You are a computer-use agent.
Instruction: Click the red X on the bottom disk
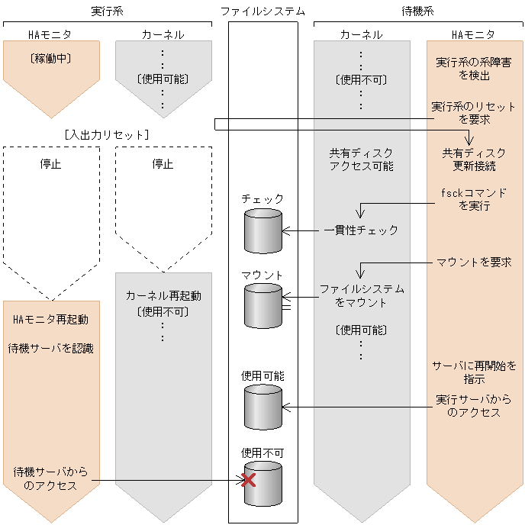tap(248, 480)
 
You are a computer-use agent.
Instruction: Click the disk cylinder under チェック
tap(262, 230)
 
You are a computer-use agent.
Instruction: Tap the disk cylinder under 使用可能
tap(262, 407)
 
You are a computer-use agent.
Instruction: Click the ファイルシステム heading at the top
tap(262, 11)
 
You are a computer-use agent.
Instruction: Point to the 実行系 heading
tap(107, 11)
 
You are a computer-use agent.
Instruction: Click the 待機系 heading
tap(418, 11)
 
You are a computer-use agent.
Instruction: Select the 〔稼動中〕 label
tap(51, 57)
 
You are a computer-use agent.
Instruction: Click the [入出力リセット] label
tap(107, 134)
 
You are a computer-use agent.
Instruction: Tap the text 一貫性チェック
tap(361, 230)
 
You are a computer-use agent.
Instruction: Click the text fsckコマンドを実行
tap(474, 199)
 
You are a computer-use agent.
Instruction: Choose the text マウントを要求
tap(474, 262)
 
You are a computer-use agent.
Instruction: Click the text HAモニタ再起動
tap(51, 320)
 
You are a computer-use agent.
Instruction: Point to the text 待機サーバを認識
tap(51, 349)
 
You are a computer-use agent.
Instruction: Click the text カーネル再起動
tap(163, 295)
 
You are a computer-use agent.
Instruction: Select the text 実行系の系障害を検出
tap(474, 69)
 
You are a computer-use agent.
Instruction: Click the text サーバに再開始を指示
tap(474, 372)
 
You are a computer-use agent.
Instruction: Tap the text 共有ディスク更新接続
tap(474, 159)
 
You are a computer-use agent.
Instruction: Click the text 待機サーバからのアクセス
tap(51, 479)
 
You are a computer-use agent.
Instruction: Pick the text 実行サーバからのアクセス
tap(474, 406)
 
